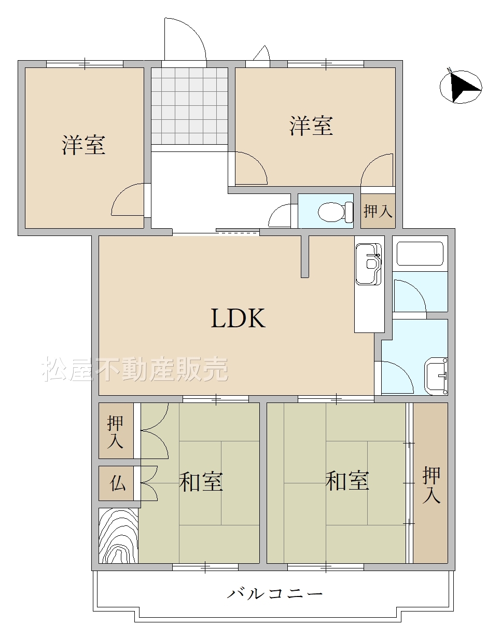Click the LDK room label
[x=238, y=318]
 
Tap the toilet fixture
[x=336, y=212]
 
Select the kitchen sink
[x=369, y=264]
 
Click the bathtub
[x=420, y=254]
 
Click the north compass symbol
[x=461, y=87]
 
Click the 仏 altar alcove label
[x=118, y=483]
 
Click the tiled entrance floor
[x=190, y=106]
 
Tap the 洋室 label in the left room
[x=83, y=145]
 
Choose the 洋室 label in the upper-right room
[x=311, y=126]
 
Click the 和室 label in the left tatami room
[x=201, y=482]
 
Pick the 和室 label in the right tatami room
[x=347, y=481]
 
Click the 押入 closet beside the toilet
[x=378, y=211]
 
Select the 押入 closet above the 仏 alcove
[x=116, y=430]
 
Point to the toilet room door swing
[x=280, y=215]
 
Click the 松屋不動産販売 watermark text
[x=135, y=369]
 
